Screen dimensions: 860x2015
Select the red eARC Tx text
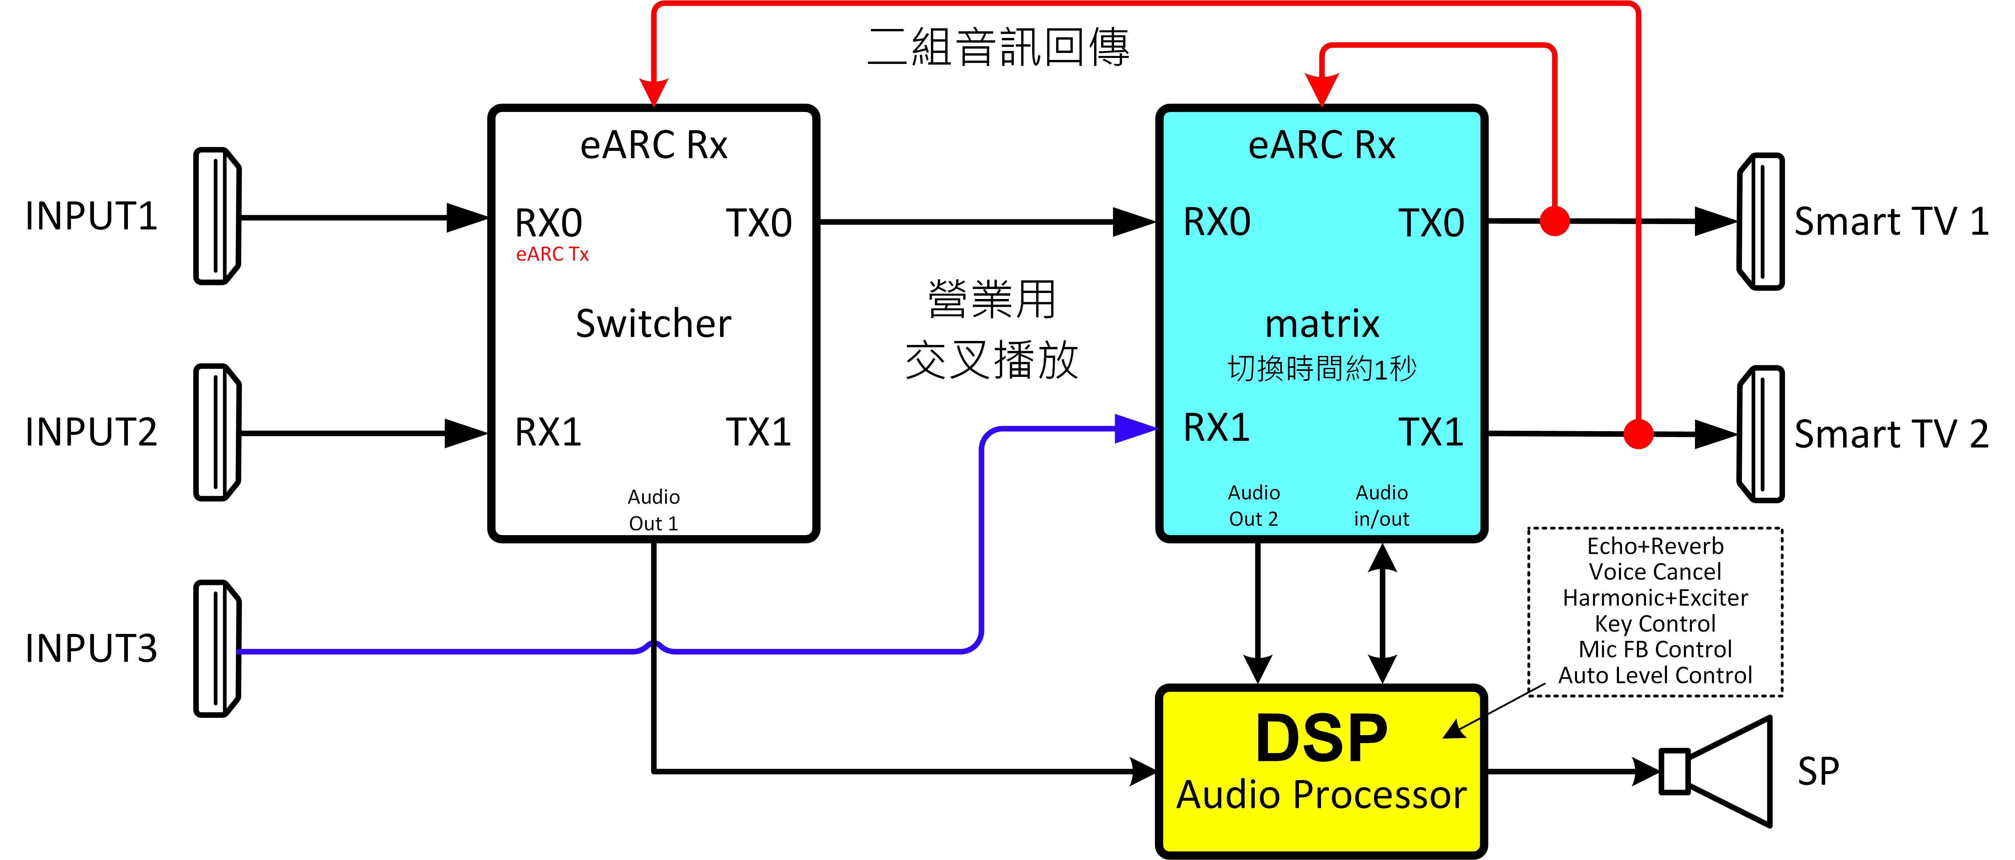[x=552, y=254]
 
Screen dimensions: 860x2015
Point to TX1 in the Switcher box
[x=758, y=431]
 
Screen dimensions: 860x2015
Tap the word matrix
[x=1322, y=324]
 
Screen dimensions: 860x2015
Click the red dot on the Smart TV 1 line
[x=1554, y=220]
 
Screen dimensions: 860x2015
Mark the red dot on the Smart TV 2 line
[x=1638, y=433]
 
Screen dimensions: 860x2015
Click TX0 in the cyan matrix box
[x=1431, y=223]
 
